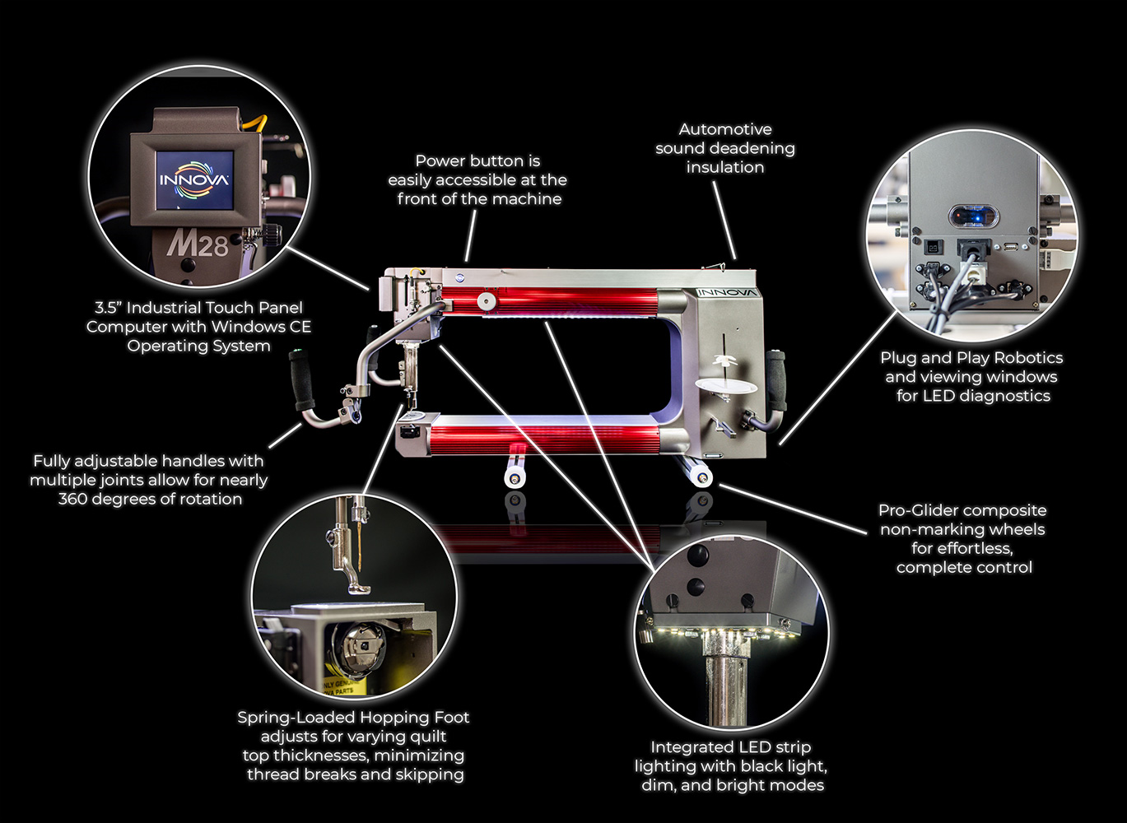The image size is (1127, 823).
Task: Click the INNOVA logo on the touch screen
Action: click(x=194, y=179)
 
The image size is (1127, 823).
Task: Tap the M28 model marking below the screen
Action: click(x=198, y=244)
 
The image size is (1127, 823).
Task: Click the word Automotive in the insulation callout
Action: click(x=725, y=129)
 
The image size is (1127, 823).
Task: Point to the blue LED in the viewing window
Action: click(x=973, y=216)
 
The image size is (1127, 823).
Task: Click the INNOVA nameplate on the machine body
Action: click(x=728, y=292)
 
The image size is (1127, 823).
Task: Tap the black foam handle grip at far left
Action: click(x=303, y=381)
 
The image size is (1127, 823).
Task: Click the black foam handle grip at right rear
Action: click(x=775, y=379)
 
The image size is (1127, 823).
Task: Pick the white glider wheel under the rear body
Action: click(x=701, y=476)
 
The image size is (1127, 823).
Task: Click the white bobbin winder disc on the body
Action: click(x=726, y=386)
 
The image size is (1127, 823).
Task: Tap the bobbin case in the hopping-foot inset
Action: click(x=358, y=649)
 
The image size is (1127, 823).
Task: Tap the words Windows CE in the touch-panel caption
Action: click(x=261, y=327)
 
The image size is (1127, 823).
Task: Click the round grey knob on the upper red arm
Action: click(x=487, y=301)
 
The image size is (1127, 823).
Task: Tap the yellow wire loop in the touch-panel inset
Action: click(x=257, y=123)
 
